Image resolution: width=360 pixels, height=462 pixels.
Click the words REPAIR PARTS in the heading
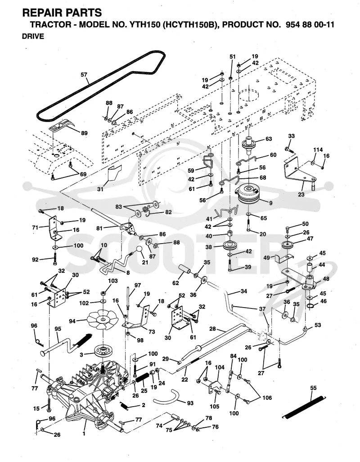62,13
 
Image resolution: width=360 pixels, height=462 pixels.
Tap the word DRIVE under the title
33,36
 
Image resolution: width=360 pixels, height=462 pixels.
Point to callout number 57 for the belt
84,75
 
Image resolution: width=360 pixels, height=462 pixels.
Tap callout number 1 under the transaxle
84,434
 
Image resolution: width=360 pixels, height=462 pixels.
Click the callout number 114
318,149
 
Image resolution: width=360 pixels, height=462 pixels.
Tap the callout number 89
84,133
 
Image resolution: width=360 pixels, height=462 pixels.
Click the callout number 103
113,281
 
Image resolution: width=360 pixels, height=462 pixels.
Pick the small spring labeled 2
124,406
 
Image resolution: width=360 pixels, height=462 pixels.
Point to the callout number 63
269,139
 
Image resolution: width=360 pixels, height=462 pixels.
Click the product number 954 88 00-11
310,24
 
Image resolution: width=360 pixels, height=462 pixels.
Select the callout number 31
100,189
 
